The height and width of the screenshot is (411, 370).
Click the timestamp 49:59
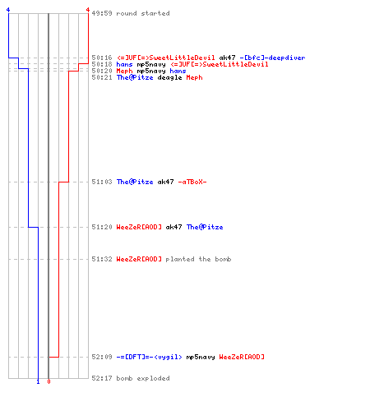102,13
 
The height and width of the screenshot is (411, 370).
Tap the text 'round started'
143,13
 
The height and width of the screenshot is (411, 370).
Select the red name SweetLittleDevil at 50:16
166,58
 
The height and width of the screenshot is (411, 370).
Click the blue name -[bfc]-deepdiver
272,58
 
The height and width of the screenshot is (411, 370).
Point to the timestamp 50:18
102,64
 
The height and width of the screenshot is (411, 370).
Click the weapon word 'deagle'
169,77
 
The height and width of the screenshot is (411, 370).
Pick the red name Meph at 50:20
124,71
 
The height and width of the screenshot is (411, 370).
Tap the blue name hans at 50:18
124,64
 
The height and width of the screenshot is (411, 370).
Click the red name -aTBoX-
192,182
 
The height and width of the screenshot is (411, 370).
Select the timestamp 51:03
102,182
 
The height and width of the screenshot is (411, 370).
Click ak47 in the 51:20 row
173,227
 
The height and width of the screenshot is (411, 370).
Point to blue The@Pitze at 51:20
205,227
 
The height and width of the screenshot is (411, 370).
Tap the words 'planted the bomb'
198,259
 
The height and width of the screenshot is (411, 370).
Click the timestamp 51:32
102,259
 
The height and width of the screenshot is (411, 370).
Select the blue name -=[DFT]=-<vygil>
149,357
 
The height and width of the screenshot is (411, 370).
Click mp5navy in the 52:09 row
201,357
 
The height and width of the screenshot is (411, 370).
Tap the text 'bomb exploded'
143,378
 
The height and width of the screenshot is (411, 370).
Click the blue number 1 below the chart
38,381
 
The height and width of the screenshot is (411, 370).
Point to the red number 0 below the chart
49,381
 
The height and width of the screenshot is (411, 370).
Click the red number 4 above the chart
88,10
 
